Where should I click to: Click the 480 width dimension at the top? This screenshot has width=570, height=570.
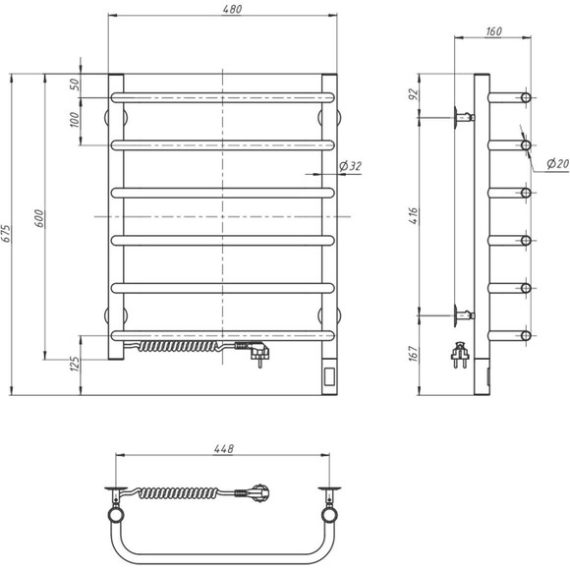click(x=225, y=9)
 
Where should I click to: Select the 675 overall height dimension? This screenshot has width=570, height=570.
click(x=8, y=233)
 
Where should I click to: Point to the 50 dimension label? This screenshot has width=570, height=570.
click(x=75, y=85)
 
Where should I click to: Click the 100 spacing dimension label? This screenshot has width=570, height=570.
click(x=75, y=121)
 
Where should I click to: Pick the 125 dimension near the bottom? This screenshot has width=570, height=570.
click(x=75, y=368)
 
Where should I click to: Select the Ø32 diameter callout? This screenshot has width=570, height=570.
click(x=350, y=166)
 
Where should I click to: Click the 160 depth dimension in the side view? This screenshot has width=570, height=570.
click(x=493, y=32)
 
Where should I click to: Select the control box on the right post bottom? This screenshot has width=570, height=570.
click(x=327, y=375)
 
